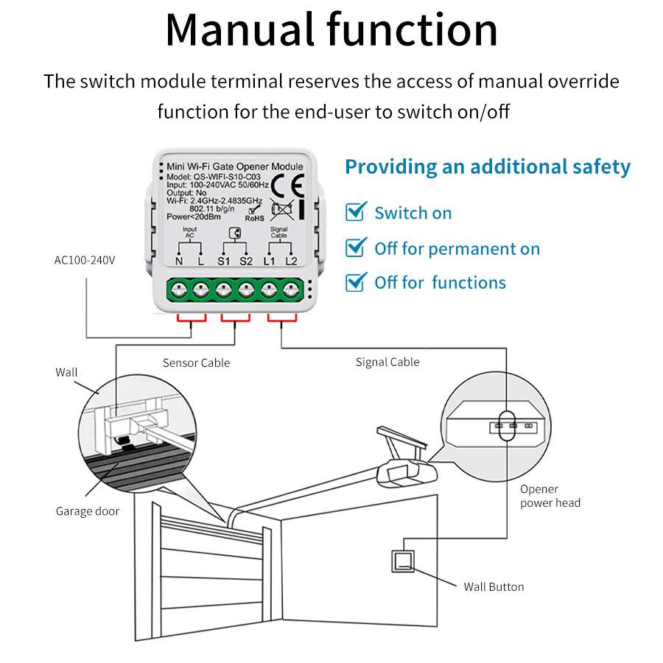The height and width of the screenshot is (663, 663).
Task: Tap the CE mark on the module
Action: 281,182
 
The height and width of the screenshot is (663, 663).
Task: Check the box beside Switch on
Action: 356,213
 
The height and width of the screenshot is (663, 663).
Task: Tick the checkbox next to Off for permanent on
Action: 356,248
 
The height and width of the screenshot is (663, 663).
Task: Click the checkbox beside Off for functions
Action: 356,281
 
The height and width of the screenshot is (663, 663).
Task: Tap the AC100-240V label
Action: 85,260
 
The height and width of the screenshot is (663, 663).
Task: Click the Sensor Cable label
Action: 196,362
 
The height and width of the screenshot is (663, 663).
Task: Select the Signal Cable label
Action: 387,362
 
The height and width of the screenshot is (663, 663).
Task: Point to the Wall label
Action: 66,372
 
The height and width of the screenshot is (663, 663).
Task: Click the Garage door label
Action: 87,511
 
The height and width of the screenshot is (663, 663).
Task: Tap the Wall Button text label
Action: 494,587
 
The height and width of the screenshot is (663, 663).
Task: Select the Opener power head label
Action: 550,496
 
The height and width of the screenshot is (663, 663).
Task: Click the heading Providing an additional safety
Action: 488,166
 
